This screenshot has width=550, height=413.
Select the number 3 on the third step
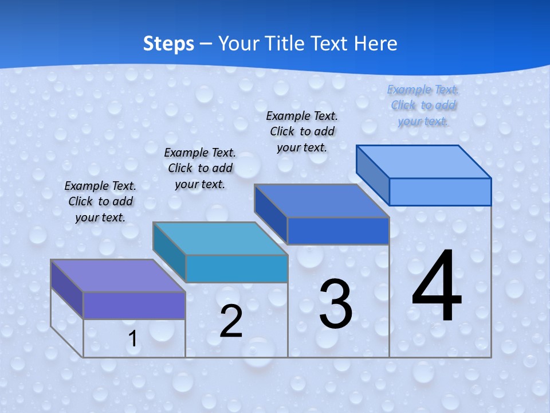[x=336, y=304]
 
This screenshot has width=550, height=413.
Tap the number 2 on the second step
[x=231, y=321]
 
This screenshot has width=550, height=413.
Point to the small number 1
[x=132, y=339]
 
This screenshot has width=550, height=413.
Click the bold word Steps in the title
[x=168, y=44]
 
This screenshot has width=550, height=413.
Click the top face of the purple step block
[x=117, y=275]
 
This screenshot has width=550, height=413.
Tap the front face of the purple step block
[x=134, y=305]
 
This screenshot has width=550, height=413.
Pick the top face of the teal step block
[x=219, y=238]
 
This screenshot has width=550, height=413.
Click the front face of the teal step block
[x=236, y=268]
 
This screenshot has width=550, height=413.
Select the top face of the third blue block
[x=321, y=201]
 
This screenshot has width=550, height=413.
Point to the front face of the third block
[x=338, y=231]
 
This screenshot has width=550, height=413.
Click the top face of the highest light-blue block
[x=423, y=162]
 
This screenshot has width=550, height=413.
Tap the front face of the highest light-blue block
[x=440, y=192]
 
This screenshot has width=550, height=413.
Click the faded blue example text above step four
[x=423, y=106]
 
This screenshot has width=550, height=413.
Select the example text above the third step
[x=302, y=131]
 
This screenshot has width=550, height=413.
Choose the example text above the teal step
[x=200, y=168]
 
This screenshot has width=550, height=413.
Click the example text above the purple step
[x=100, y=201]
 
